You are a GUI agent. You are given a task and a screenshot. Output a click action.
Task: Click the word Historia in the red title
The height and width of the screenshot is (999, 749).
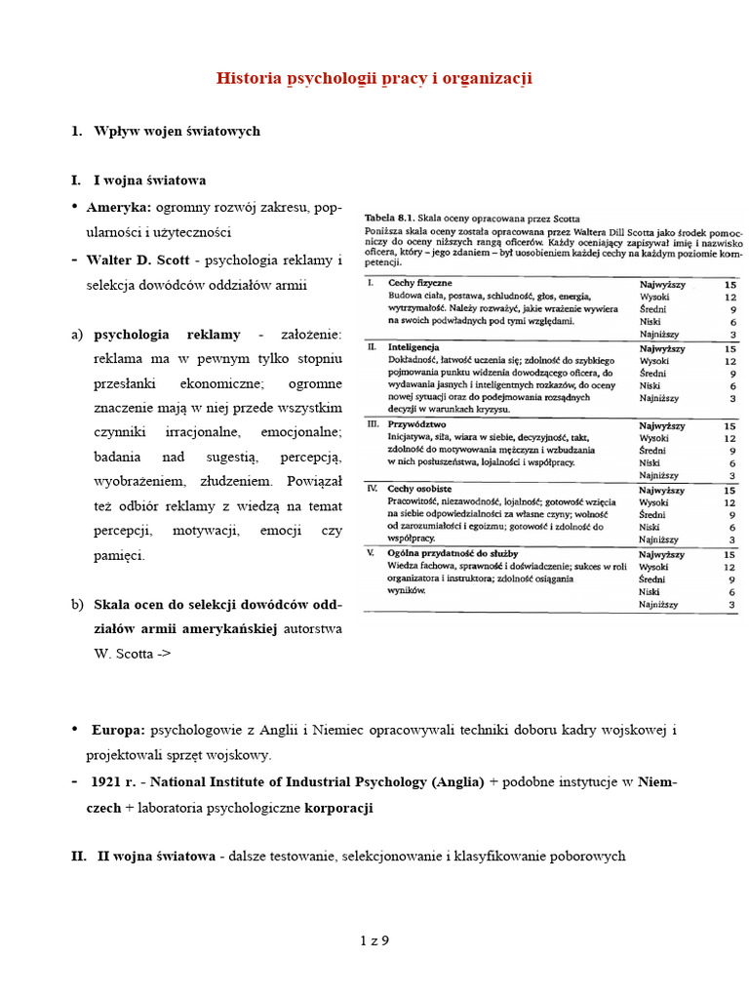(x=248, y=78)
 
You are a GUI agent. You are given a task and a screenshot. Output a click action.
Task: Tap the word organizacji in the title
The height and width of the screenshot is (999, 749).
(x=485, y=78)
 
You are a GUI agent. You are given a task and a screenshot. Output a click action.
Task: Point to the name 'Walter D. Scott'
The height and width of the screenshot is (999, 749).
(x=138, y=260)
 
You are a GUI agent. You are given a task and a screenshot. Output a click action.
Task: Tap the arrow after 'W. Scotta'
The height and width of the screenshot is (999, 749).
(x=162, y=654)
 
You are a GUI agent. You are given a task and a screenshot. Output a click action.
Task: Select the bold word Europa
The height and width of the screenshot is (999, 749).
(x=118, y=730)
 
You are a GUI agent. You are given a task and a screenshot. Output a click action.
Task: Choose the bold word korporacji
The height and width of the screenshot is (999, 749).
(x=338, y=808)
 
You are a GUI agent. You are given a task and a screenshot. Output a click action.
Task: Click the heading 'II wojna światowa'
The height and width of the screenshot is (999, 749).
(x=156, y=857)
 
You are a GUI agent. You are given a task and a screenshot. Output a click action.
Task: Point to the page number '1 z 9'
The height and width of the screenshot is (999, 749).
(x=374, y=940)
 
